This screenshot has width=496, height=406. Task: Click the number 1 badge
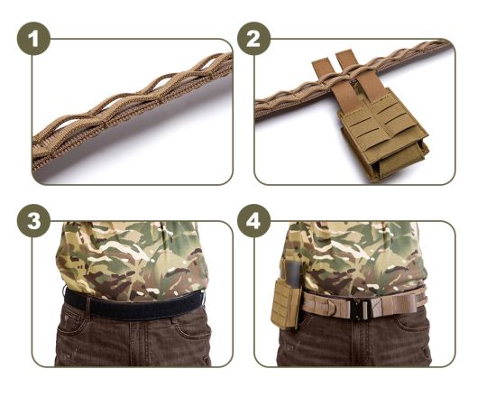34,41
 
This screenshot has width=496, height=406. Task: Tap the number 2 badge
255,41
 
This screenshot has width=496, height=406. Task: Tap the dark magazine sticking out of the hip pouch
290,271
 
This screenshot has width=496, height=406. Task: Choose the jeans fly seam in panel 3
135,343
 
